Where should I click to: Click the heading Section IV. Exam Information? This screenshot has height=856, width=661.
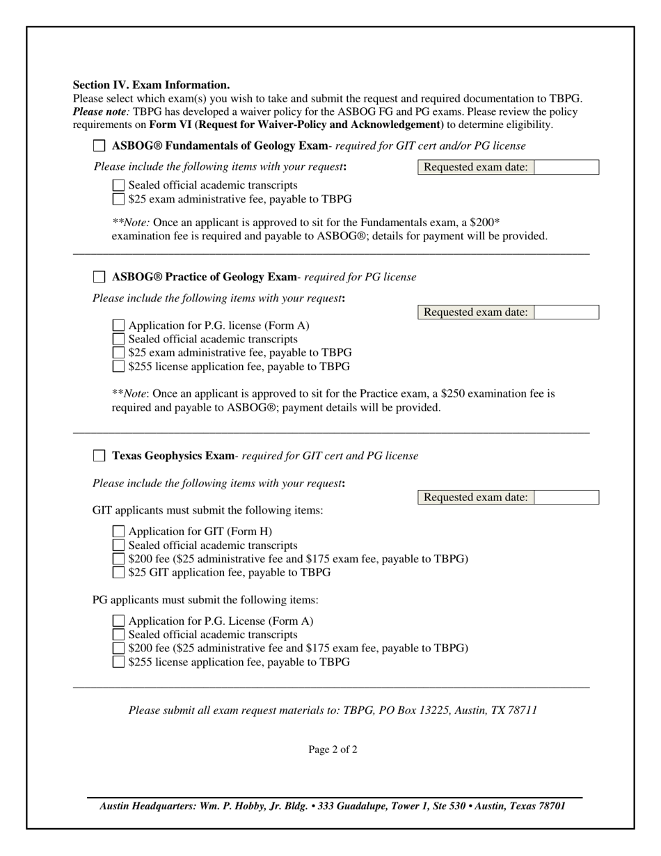click(x=151, y=85)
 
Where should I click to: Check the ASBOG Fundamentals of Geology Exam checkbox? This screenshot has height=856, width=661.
click(x=99, y=146)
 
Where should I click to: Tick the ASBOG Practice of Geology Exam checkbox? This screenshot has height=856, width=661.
click(x=99, y=277)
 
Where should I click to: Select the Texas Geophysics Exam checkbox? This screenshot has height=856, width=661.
click(x=99, y=456)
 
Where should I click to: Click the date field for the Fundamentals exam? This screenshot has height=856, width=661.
click(x=566, y=167)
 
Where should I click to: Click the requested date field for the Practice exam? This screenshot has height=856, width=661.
click(x=566, y=312)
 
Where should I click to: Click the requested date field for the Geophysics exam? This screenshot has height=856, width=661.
click(x=566, y=498)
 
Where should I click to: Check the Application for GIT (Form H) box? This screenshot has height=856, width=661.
click(x=119, y=532)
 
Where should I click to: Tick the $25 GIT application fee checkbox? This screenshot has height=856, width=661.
click(x=119, y=573)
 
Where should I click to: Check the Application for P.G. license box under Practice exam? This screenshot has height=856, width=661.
click(x=119, y=326)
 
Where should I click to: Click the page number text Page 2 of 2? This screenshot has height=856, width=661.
click(x=333, y=750)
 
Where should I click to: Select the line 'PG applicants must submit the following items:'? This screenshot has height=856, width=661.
click(x=205, y=600)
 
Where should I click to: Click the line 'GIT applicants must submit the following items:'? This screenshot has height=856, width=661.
click(x=207, y=511)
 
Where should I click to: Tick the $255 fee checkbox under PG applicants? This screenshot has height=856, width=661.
click(x=119, y=662)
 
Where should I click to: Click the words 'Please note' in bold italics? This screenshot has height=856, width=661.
click(x=100, y=111)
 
